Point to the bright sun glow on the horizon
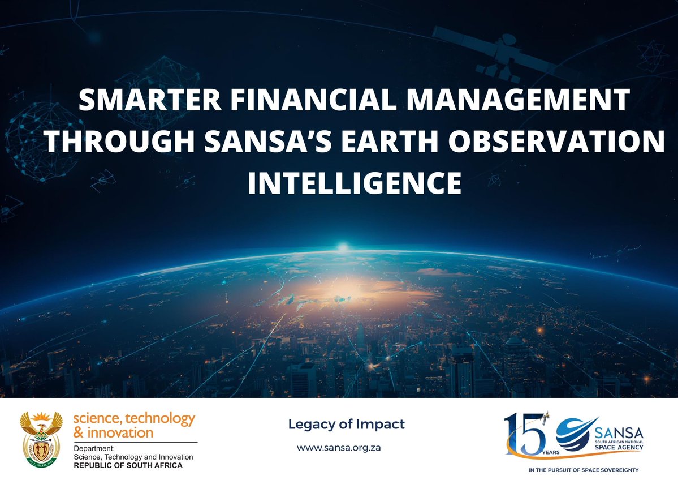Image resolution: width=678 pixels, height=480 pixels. pyautogui.click(x=342, y=247)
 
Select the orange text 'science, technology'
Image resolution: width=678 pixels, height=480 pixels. pyautogui.click(x=133, y=419)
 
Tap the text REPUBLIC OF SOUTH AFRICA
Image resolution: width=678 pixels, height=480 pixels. pyautogui.click(x=128, y=465)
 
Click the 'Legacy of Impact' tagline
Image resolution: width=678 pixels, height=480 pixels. pyautogui.click(x=346, y=425)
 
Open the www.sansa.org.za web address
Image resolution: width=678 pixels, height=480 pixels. pyautogui.click(x=339, y=447)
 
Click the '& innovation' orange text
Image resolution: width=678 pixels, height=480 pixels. pyautogui.click(x=113, y=433)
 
